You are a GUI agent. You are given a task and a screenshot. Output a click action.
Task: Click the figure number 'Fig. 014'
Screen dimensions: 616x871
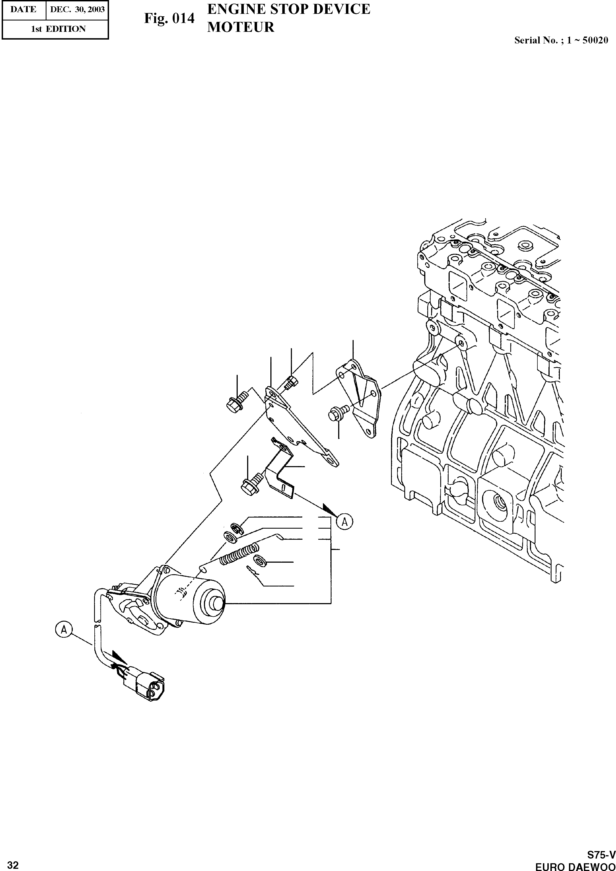click(169, 18)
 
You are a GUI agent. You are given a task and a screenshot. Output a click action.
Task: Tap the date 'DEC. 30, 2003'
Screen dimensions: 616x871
click(77, 9)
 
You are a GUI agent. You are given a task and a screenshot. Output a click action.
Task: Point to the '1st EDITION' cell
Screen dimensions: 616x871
click(58, 29)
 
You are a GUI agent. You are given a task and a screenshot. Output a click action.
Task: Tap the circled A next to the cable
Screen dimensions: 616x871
click(64, 630)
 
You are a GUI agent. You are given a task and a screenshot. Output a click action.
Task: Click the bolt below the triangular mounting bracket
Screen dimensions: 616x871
click(337, 412)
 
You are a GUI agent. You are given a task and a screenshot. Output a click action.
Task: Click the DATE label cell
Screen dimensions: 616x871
click(24, 9)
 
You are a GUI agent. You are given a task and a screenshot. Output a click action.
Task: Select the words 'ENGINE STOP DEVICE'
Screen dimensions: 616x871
click(289, 9)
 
